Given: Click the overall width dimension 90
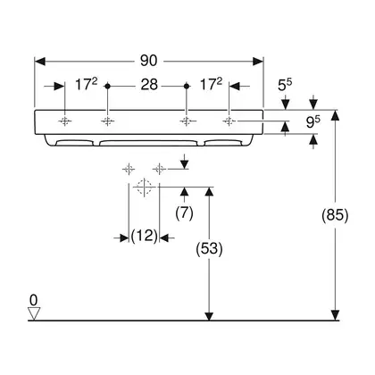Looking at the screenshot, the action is (148, 61).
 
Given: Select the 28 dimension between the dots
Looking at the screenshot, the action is (149, 85).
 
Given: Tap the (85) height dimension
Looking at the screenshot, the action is (335, 214).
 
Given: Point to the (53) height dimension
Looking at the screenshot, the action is (209, 248).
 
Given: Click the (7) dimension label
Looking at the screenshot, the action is (185, 213).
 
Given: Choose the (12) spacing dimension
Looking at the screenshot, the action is (144, 236).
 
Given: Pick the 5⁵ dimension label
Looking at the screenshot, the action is (285, 85).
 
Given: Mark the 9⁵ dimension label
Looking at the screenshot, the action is (313, 122).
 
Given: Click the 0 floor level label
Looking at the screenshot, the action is (34, 300).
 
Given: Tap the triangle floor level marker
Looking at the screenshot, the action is (34, 313).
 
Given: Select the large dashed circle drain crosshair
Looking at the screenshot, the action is (144, 187).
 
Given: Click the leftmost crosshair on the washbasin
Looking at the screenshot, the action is (65, 121).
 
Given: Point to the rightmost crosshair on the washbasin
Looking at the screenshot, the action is (229, 121).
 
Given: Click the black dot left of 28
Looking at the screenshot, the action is (108, 86).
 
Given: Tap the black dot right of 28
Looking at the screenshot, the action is (187, 86).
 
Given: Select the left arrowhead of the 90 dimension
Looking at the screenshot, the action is (40, 62).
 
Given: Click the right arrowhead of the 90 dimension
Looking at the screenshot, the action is (258, 62).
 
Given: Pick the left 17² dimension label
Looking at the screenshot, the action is (86, 85).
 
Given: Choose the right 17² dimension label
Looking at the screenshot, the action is (211, 85).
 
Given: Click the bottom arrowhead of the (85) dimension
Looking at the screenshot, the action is (336, 315).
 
